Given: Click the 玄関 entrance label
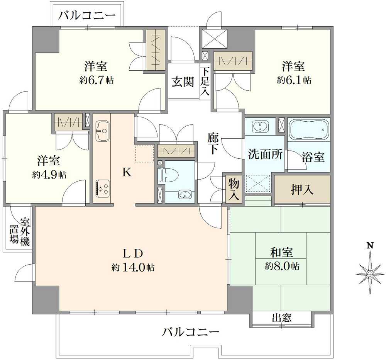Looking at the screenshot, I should [183, 82].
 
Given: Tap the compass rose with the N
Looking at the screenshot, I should [370, 272].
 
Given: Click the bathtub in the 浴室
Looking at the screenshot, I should [309, 129].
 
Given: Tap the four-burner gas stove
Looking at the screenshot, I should [102, 188].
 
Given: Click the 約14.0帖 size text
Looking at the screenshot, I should [133, 267].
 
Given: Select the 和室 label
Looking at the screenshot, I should [281, 253].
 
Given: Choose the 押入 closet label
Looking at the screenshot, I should [302, 190].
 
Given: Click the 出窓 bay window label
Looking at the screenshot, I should [282, 318].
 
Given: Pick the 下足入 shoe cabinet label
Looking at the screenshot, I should [205, 82].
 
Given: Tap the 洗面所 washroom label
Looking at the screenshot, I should [265, 155].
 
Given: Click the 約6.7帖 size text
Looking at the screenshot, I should [96, 80].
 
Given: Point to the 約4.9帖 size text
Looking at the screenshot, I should [49, 174].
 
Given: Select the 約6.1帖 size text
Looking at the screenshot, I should [294, 80].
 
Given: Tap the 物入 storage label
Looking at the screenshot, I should [233, 188].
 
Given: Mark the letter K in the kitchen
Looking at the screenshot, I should [127, 173].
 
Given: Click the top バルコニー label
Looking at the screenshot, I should [87, 15].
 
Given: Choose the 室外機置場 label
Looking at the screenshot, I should [20, 231].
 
